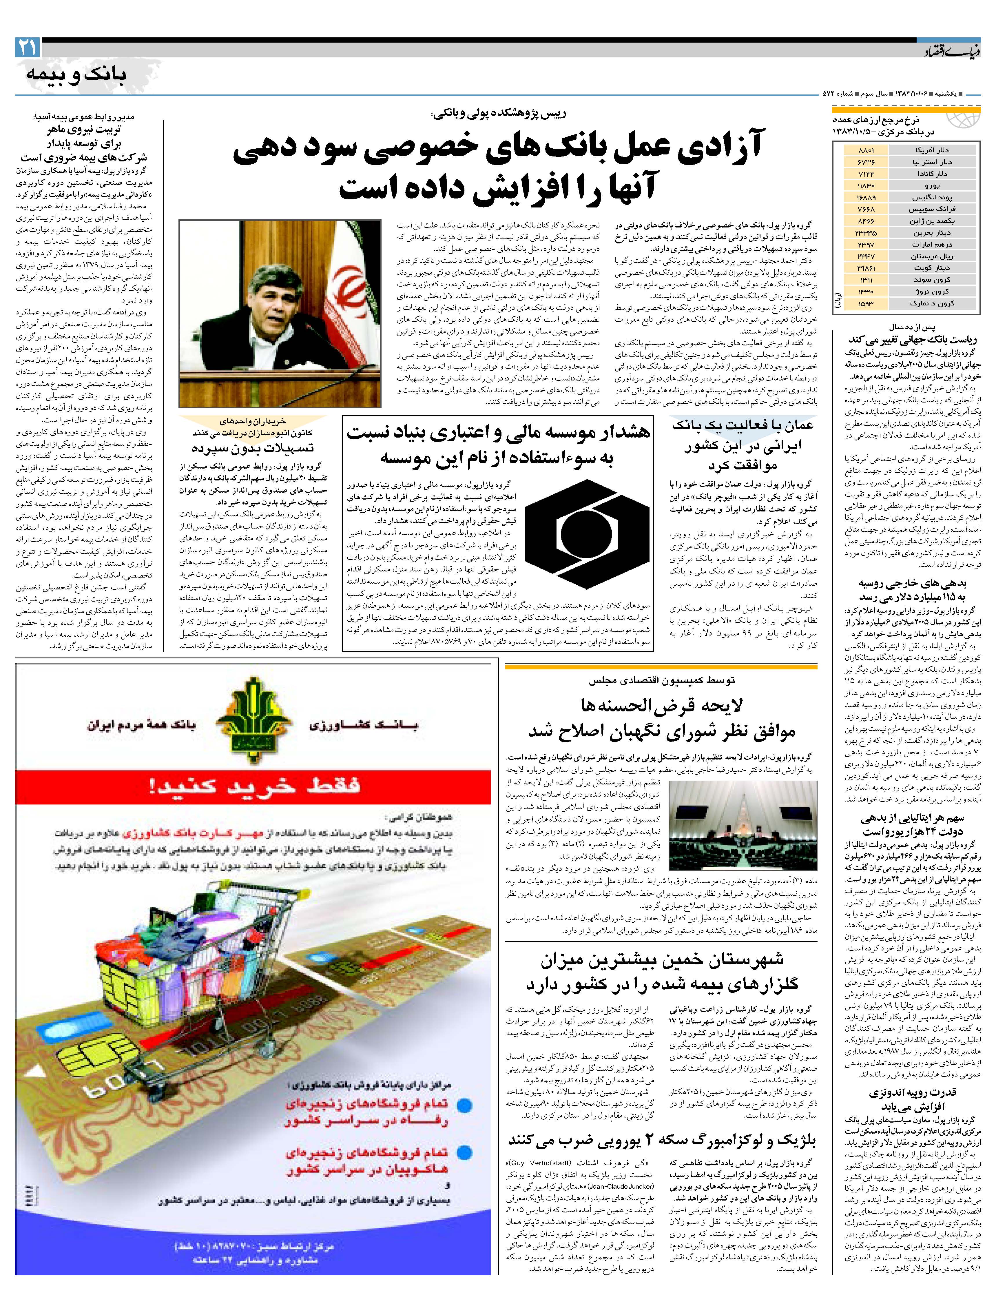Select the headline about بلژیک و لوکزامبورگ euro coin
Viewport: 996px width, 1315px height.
pyautogui.click(x=661, y=1139)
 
